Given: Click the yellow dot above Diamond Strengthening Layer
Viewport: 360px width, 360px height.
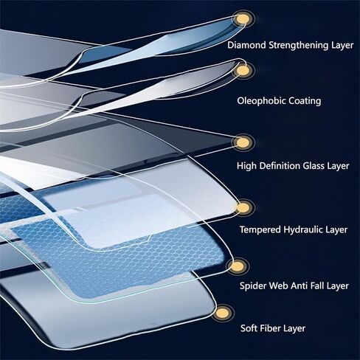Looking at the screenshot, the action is (242, 19).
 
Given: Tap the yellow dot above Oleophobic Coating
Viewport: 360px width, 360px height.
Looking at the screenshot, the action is (243, 71).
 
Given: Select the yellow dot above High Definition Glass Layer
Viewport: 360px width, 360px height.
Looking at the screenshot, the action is (243, 142).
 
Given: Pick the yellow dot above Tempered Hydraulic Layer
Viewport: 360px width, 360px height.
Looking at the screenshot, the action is (243, 208).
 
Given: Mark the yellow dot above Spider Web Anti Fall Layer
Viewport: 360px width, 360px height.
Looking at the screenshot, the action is (238, 266).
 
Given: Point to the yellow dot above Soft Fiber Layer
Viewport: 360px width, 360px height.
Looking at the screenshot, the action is (223, 313).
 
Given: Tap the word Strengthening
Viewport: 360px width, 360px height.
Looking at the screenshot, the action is (299, 46).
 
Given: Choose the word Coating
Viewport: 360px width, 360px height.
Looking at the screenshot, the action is (305, 101).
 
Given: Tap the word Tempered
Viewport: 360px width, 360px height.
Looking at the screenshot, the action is (260, 230).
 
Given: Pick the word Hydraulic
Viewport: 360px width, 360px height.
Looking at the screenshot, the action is (303, 230).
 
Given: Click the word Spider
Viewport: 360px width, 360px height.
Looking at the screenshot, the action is (253, 286).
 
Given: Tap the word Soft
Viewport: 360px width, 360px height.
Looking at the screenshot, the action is (249, 328).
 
